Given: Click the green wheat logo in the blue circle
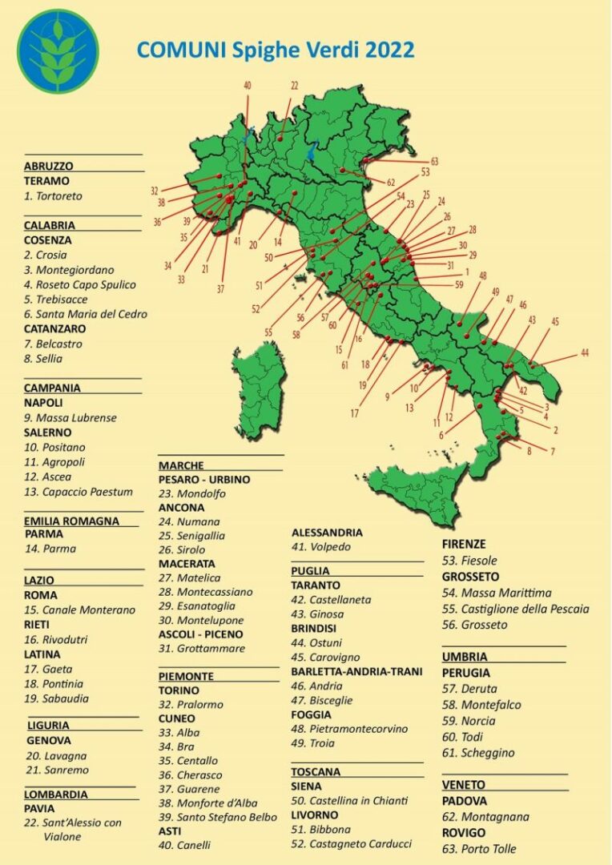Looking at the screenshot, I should coord(58,51).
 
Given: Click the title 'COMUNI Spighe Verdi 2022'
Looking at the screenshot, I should coord(275,50).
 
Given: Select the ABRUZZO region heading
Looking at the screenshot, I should coord(48,166).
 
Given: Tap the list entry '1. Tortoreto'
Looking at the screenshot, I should coord(53,195).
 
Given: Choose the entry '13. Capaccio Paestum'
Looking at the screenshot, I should coord(78,491).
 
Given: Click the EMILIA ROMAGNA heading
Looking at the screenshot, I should coord(71,521).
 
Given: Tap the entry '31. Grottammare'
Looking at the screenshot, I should coord(201,648).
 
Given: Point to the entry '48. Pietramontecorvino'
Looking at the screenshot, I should coord(349,729).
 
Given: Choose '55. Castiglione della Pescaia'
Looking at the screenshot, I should coord(515,609).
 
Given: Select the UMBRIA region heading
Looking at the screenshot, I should coord(464,657).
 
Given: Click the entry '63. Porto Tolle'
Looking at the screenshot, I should coord(478,848).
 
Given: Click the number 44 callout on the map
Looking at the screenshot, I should coord(585,352).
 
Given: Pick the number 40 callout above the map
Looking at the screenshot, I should coord(247,85).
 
